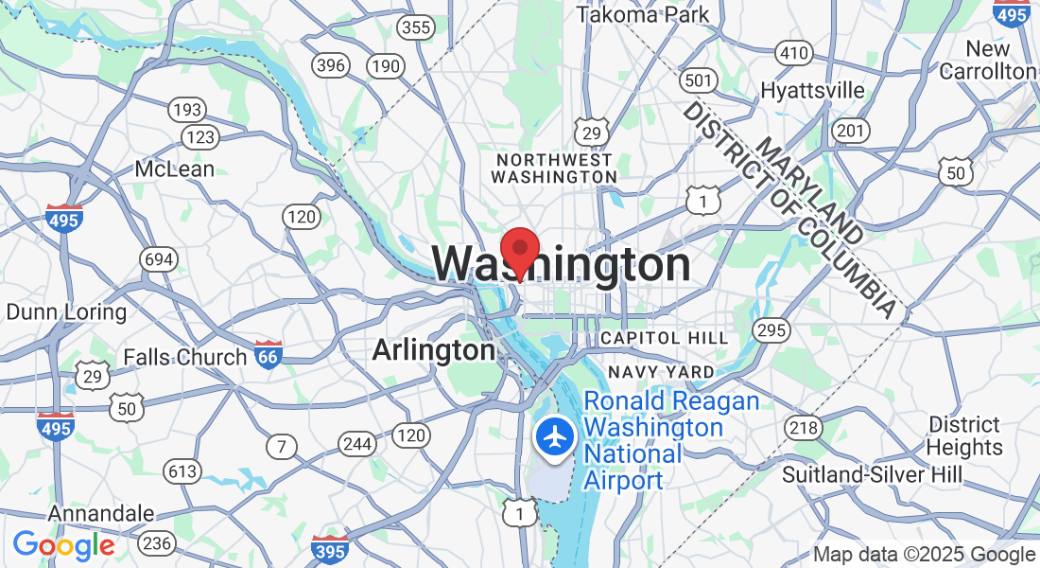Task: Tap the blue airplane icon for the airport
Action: point(555,437)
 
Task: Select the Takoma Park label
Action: point(643,14)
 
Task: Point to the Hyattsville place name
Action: point(813,90)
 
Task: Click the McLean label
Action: point(175,169)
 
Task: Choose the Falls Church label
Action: point(185,357)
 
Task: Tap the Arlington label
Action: point(433,350)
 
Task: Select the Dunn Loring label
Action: point(66,311)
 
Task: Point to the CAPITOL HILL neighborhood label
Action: point(665,338)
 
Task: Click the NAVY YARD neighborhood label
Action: point(661,372)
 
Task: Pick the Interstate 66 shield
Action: point(269,354)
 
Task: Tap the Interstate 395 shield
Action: point(329,548)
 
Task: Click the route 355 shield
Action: point(415,27)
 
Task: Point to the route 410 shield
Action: point(792,52)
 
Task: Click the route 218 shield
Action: point(804,428)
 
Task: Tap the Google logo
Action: point(63,545)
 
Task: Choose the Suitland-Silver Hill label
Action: point(872,474)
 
